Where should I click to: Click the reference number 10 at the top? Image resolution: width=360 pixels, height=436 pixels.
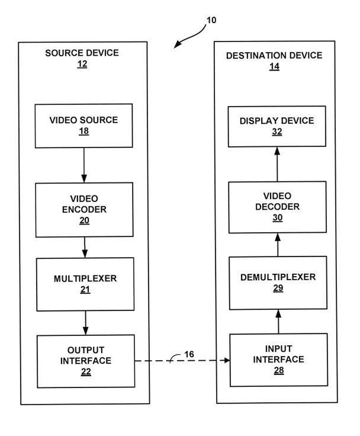(211, 20)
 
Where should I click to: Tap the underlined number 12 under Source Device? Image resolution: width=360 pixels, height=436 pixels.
(82, 64)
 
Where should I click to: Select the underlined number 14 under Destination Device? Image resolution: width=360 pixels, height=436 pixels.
(274, 67)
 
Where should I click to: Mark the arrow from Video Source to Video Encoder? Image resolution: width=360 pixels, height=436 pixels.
(84, 165)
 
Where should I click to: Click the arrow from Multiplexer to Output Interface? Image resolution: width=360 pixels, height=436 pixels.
(86, 323)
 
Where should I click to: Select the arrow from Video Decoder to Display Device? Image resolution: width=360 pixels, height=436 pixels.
(277, 164)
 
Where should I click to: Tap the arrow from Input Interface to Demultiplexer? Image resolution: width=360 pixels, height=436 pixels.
(278, 322)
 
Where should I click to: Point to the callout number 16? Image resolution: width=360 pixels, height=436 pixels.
(189, 354)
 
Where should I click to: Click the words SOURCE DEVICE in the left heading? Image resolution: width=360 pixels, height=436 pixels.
(82, 53)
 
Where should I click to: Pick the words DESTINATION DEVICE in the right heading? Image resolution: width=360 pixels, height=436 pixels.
(274, 55)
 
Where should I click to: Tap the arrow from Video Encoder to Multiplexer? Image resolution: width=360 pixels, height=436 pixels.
(85, 248)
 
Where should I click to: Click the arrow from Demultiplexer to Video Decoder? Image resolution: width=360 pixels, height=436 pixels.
(278, 245)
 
